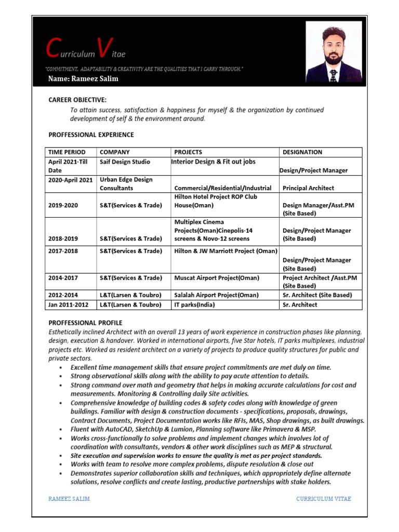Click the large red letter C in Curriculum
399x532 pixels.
click(x=52, y=48)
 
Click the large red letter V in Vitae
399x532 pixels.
click(x=103, y=48)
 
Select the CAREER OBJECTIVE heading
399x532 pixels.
click(x=77, y=100)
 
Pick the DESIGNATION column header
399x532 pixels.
click(x=302, y=152)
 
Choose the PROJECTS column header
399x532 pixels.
click(x=188, y=152)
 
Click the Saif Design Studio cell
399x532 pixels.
click(x=125, y=162)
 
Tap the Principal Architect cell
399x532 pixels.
click(x=308, y=188)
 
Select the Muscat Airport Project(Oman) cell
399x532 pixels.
click(x=217, y=278)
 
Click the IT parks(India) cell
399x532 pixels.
click(x=194, y=304)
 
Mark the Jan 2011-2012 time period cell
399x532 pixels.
click(x=69, y=304)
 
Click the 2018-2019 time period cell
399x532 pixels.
click(x=63, y=239)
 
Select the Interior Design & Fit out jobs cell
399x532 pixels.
click(x=214, y=162)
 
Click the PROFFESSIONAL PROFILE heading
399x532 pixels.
click(x=85, y=323)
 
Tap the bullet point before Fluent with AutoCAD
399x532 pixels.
click(x=61, y=429)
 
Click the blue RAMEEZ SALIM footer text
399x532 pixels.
click(x=69, y=499)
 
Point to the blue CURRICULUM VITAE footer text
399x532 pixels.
click(x=324, y=499)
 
